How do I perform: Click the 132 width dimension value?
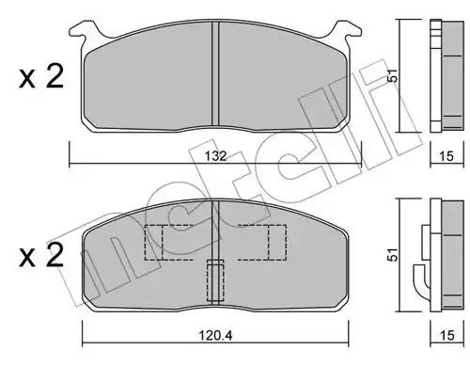click(x=216, y=156)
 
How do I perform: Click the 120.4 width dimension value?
click(x=215, y=336)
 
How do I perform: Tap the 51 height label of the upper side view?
click(x=392, y=75)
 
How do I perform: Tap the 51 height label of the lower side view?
click(x=392, y=255)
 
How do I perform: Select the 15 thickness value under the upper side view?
click(x=446, y=156)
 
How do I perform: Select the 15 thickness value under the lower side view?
click(x=446, y=335)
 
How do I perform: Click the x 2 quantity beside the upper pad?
click(x=41, y=75)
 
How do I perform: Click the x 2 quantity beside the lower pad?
click(x=41, y=255)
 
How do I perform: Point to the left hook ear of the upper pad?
click(x=84, y=31)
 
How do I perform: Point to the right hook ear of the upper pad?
click(x=347, y=31)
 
